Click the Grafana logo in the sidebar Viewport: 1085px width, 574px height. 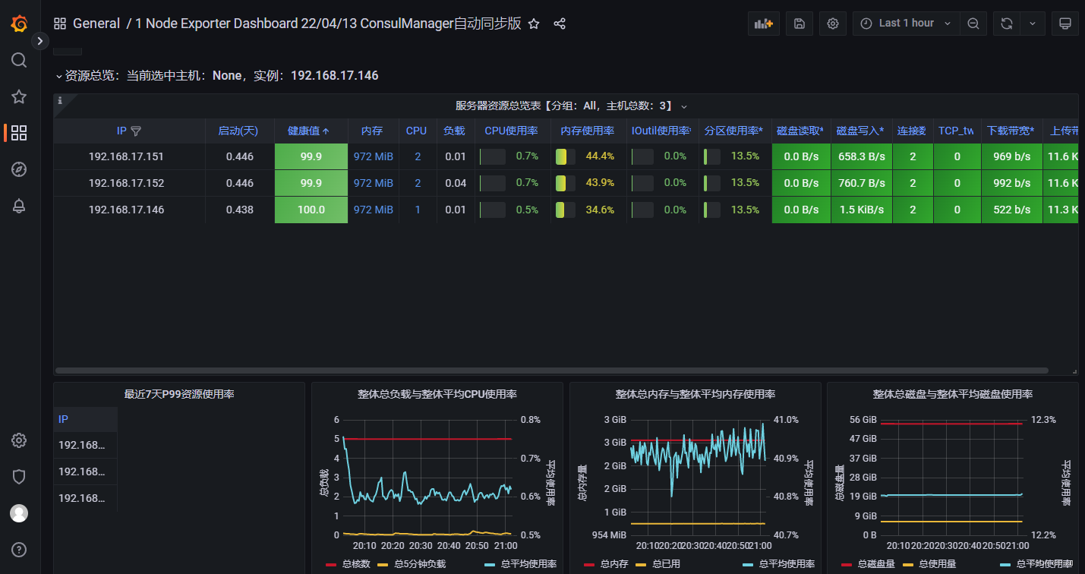click(x=19, y=24)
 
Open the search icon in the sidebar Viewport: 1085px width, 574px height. click(x=19, y=60)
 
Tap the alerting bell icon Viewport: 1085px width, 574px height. click(x=19, y=206)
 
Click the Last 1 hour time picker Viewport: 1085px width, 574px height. click(x=907, y=24)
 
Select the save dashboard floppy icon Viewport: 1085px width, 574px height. click(x=799, y=24)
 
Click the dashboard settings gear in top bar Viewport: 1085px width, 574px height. click(x=833, y=24)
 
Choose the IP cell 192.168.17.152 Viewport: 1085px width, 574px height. click(x=126, y=183)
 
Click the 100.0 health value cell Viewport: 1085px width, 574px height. click(x=311, y=210)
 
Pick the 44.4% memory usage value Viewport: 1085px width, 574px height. click(x=600, y=156)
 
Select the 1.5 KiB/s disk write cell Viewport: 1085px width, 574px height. click(x=861, y=210)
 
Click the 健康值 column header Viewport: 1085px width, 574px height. click(x=308, y=131)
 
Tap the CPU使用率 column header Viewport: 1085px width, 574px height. click(x=511, y=131)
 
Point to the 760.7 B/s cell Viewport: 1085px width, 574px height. click(x=861, y=183)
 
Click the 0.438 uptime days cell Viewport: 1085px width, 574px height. click(x=240, y=210)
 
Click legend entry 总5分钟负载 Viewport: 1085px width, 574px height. click(x=420, y=564)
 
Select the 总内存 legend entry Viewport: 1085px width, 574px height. click(x=613, y=564)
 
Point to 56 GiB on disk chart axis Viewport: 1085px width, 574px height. click(x=863, y=420)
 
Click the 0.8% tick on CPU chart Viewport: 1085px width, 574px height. click(x=530, y=420)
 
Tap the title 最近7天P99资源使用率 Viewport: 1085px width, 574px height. click(x=179, y=394)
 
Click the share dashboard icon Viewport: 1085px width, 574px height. click(x=560, y=24)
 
